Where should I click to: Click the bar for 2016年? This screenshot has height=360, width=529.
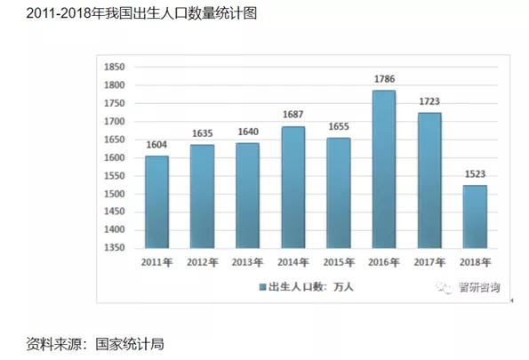pyautogui.click(x=383, y=169)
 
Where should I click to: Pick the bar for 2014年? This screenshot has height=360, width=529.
pyautogui.click(x=293, y=187)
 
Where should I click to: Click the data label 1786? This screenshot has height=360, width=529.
pyautogui.click(x=383, y=79)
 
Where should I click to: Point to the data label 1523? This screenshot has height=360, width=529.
pyautogui.click(x=474, y=174)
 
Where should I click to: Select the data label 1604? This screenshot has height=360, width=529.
pyautogui.click(x=156, y=145)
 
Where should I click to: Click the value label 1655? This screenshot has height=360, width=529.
pyautogui.click(x=338, y=126)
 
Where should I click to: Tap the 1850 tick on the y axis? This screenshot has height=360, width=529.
pyautogui.click(x=114, y=67)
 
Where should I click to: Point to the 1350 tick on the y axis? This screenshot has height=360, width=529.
pyautogui.click(x=114, y=248)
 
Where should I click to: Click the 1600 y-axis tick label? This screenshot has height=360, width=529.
pyautogui.click(x=114, y=157)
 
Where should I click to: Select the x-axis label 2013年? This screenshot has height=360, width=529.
pyautogui.click(x=247, y=263)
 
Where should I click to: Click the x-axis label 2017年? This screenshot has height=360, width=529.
pyautogui.click(x=429, y=263)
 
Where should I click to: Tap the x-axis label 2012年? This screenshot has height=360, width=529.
pyautogui.click(x=202, y=263)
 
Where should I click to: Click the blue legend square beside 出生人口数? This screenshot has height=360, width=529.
pyautogui.click(x=263, y=288)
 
